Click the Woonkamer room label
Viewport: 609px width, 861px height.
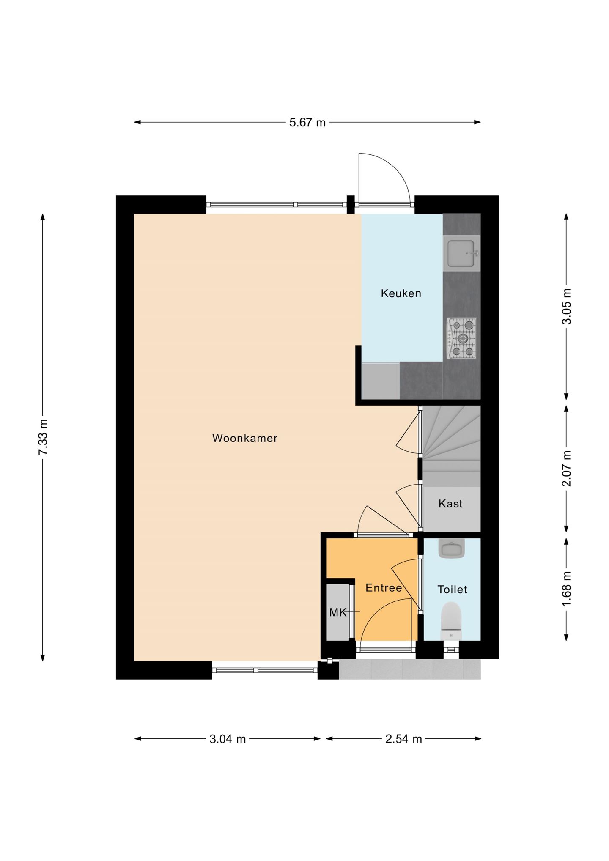coord(245,438)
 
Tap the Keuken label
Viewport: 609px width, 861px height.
coord(401,293)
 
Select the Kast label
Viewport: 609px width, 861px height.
coord(450,504)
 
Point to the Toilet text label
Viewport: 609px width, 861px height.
coord(452,590)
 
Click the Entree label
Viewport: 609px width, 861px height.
coord(384,588)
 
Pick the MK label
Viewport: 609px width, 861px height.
coord(337,612)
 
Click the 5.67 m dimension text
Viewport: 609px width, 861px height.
coord(307,123)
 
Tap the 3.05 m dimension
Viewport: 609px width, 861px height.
coord(566,306)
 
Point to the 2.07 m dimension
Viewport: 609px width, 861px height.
coord(566,468)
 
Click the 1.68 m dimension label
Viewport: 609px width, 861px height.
coord(566,588)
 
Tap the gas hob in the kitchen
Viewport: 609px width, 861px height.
coord(462,339)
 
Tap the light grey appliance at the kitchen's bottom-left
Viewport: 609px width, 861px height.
coord(380,381)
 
